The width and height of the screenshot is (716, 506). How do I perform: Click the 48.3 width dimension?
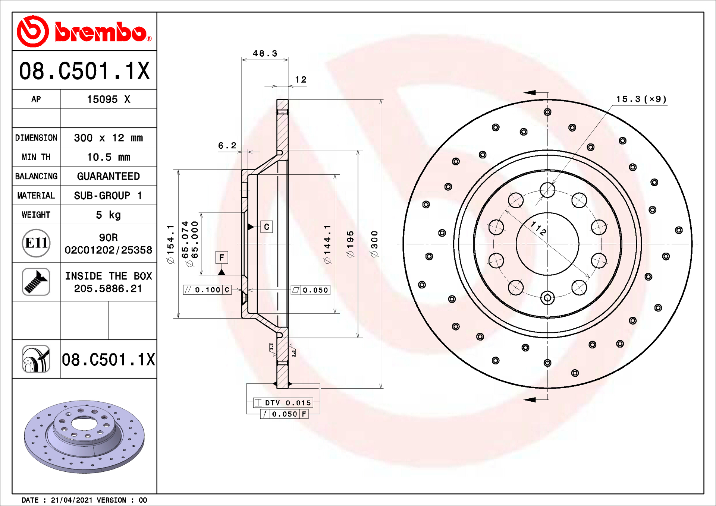(265, 54)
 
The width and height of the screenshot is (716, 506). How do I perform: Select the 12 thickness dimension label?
(301, 80)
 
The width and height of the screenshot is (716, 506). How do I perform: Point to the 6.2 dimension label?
(227, 146)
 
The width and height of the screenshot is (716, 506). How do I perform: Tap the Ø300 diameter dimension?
(374, 244)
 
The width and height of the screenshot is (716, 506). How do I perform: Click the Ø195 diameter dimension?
(350, 244)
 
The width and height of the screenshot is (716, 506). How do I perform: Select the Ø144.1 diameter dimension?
(327, 244)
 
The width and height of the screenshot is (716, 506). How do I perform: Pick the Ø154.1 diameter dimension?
(171, 244)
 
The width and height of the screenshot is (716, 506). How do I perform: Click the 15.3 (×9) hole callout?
(641, 99)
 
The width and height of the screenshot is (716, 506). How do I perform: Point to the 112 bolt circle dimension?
(538, 228)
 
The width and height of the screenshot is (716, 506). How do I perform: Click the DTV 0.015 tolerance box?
(287, 403)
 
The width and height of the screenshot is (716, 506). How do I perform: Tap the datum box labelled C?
(266, 227)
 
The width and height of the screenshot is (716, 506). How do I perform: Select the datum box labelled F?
(222, 257)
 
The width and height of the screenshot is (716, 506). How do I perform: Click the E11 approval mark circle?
(36, 243)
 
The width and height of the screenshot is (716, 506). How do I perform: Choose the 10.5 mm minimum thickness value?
(108, 157)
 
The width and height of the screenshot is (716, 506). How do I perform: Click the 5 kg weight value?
(108, 215)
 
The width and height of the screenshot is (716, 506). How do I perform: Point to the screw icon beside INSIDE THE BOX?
(36, 282)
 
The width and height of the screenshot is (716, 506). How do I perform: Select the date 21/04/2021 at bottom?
(72, 500)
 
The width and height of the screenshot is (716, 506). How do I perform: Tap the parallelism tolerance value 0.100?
(207, 290)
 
